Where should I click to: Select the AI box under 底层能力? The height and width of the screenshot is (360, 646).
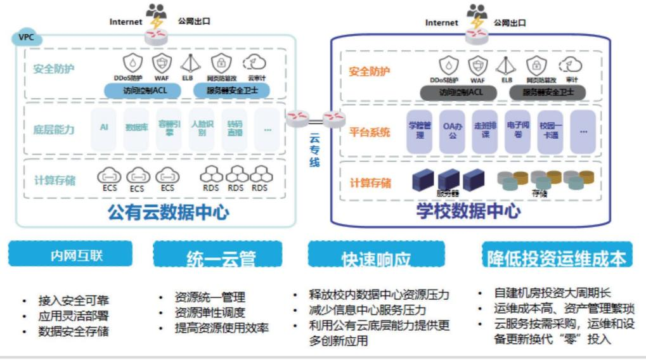104,127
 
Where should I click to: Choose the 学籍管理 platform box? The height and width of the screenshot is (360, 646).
419,131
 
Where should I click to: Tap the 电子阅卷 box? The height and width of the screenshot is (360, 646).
517,131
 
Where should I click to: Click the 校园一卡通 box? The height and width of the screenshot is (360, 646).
550,131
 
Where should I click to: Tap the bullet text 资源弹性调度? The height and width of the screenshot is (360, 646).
210,312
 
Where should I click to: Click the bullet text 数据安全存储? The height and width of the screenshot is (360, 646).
74,330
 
